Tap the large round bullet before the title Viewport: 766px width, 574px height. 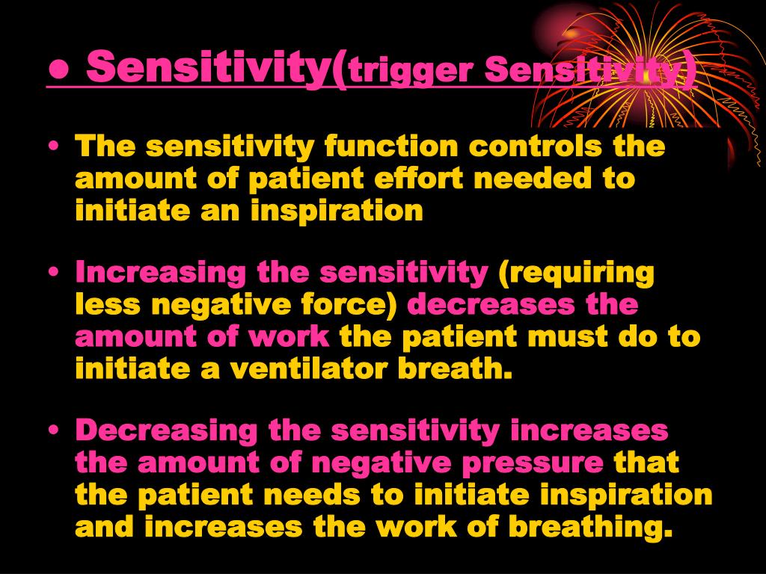(61, 70)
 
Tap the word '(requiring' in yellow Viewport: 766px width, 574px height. (576, 274)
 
